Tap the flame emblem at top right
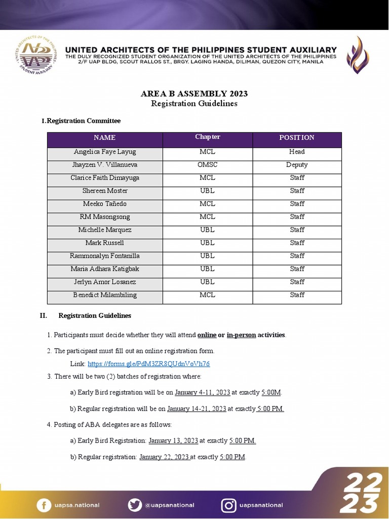[x=358, y=55]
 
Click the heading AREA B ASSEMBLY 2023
[x=194, y=94]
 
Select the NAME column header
[x=105, y=138]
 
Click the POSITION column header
[x=297, y=138]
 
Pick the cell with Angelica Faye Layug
[x=105, y=152]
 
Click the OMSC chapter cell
[x=207, y=165]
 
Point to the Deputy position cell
[x=297, y=165]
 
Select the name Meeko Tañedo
[x=105, y=204]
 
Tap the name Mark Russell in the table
[x=105, y=243]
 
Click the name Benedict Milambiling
[x=105, y=295]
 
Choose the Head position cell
[x=297, y=152]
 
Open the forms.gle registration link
[x=148, y=364]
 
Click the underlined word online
[x=207, y=335]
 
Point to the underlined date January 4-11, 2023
[x=202, y=392]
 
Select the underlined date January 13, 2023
[x=173, y=441]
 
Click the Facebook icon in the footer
[x=44, y=505]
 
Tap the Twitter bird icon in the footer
[x=135, y=505]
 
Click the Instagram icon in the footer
[x=228, y=505]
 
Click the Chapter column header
[x=207, y=137]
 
